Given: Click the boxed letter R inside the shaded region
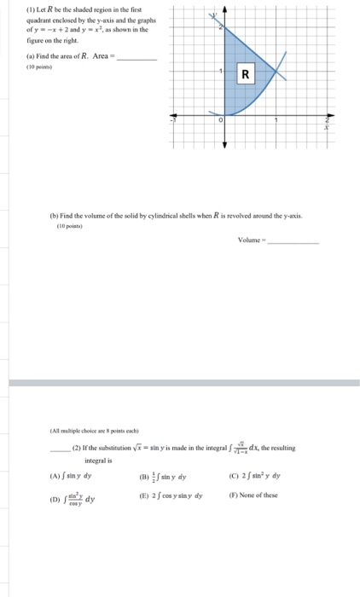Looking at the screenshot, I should click(x=246, y=74).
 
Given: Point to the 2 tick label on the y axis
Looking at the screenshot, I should click(x=220, y=29).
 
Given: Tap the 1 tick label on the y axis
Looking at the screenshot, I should click(x=220, y=71).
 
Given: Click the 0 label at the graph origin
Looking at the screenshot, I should click(x=220, y=121).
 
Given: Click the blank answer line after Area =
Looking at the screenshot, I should click(x=136, y=59).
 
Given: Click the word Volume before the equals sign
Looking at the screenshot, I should click(x=253, y=241).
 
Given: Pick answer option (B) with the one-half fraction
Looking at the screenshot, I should click(x=177, y=477).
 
